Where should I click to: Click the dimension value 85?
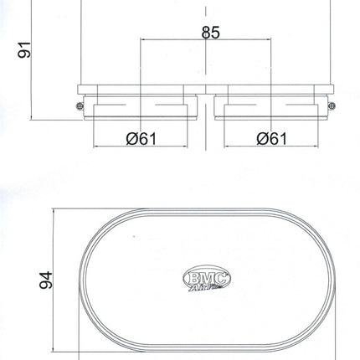click(x=211, y=33)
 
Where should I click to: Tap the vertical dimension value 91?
click(x=24, y=49)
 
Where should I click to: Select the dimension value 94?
click(x=46, y=280)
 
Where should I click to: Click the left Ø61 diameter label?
click(x=141, y=138)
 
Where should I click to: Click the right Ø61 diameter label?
click(x=271, y=138)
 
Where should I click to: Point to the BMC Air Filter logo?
click(x=207, y=278)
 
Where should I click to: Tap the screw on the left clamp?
click(x=80, y=105)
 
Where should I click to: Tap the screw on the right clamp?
click(x=332, y=105)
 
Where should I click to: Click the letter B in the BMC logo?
click(x=194, y=278)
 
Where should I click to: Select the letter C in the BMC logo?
click(x=220, y=278)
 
